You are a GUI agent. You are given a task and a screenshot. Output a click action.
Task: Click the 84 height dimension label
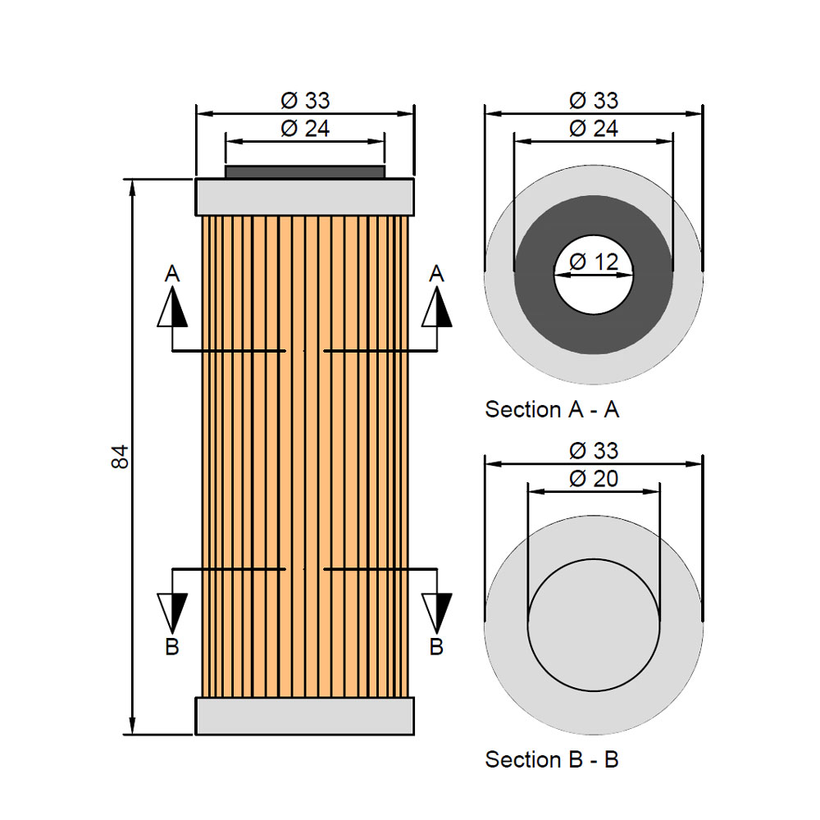click(x=121, y=457)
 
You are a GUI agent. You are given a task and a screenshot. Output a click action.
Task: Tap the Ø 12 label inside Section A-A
click(x=593, y=262)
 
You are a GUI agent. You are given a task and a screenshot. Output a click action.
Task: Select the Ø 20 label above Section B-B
click(x=593, y=479)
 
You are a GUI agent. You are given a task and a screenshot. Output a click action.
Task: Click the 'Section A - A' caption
click(x=552, y=409)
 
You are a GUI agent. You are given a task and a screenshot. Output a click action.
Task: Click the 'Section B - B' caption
click(x=552, y=759)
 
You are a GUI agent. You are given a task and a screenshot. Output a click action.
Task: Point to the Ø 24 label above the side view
click(x=304, y=129)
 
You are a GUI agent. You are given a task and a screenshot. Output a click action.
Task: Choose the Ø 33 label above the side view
click(x=304, y=101)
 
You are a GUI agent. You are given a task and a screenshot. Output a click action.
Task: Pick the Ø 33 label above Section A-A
click(x=593, y=101)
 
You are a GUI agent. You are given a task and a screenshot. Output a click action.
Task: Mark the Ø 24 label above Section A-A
click(x=593, y=129)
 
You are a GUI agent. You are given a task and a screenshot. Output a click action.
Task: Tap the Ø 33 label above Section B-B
click(x=593, y=451)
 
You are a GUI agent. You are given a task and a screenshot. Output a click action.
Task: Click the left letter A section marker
click(x=172, y=273)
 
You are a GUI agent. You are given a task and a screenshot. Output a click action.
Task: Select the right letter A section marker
click(x=437, y=273)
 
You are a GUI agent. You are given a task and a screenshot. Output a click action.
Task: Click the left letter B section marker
click(x=172, y=647)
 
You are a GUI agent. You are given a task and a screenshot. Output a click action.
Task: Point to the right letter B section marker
click(x=437, y=647)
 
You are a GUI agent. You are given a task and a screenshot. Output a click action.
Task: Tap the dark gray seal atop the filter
click(x=304, y=172)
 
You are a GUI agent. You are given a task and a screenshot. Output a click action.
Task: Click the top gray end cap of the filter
click(x=304, y=197)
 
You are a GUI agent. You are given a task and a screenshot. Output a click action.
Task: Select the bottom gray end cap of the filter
click(x=304, y=716)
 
